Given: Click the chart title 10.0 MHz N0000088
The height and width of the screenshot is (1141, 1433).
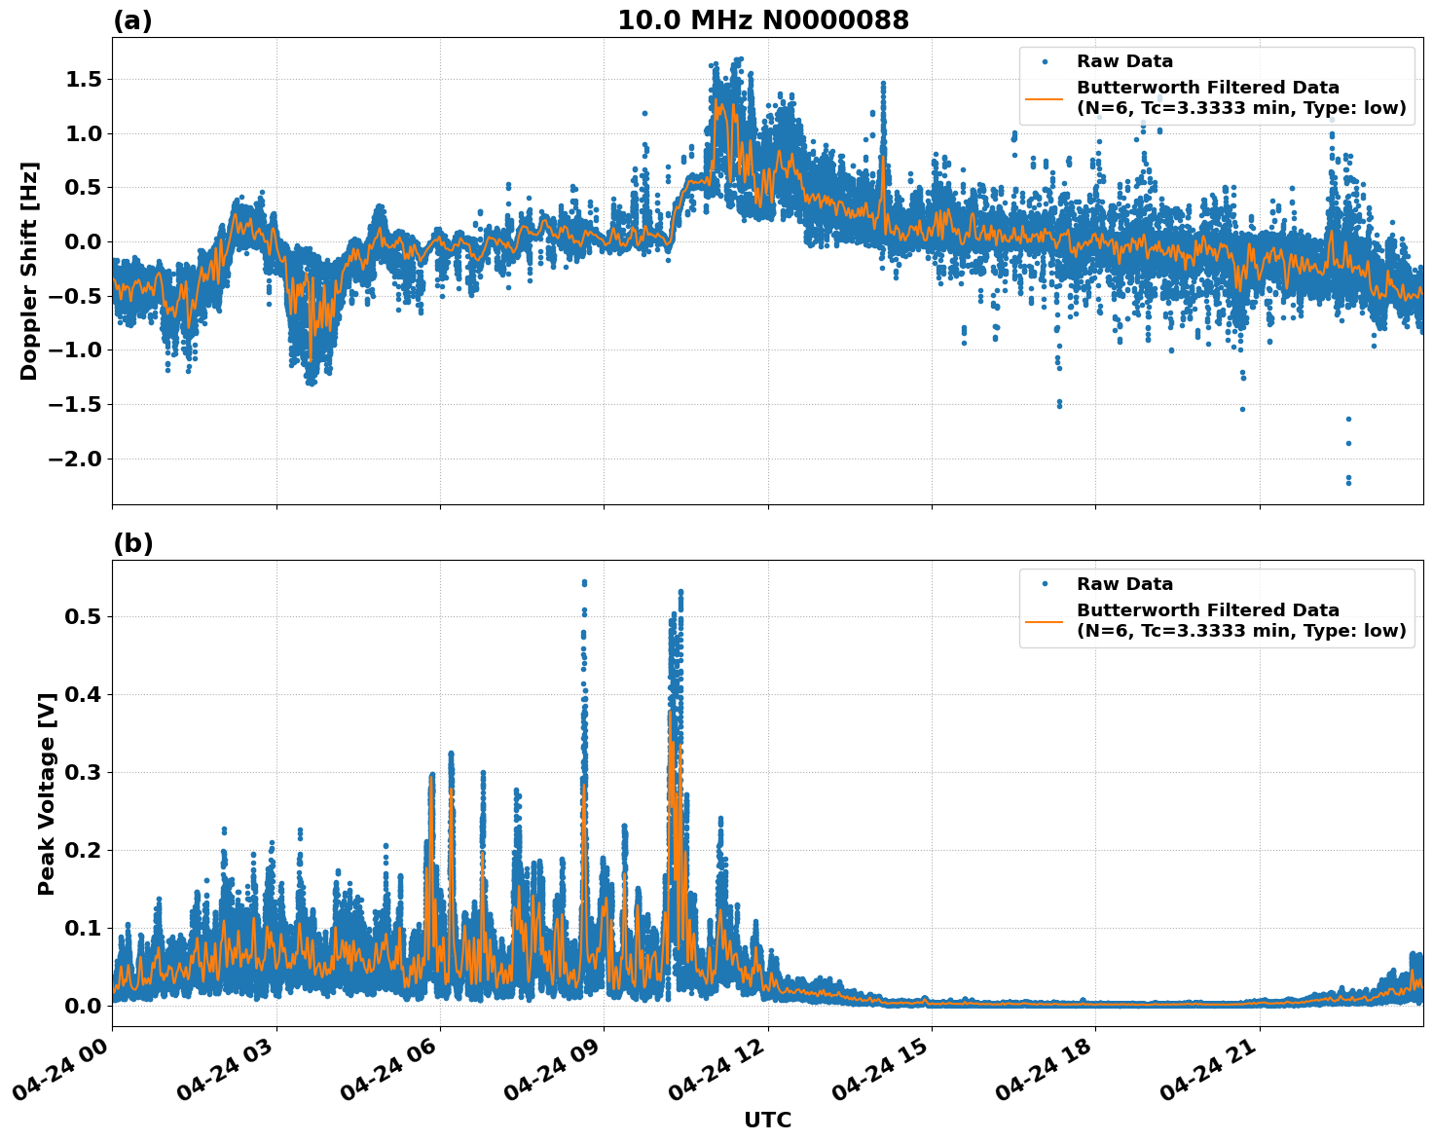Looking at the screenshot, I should pyautogui.click(x=762, y=20).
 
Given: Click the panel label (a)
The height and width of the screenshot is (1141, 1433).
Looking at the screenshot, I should pyautogui.click(x=132, y=20).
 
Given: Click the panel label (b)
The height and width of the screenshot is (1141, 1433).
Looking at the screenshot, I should pyautogui.click(x=132, y=543).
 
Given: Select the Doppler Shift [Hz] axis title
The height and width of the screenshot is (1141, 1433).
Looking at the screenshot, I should pyautogui.click(x=29, y=271).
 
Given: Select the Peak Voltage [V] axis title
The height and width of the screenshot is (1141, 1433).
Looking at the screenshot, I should pyautogui.click(x=46, y=792).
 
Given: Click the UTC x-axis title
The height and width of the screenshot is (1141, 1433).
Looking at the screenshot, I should pyautogui.click(x=767, y=1120).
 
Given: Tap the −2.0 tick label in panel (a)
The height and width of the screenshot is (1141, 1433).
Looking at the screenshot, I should pyautogui.click(x=82, y=459).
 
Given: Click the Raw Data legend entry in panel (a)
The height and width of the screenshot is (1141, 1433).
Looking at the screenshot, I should pyautogui.click(x=1124, y=61).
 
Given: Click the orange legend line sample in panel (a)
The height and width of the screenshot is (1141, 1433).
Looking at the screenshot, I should pyautogui.click(x=1044, y=97).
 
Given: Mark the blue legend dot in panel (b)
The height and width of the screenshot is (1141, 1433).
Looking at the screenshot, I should pyautogui.click(x=1044, y=584).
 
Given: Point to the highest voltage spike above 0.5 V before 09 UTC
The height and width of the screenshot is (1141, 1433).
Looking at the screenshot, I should pyautogui.click(x=584, y=582).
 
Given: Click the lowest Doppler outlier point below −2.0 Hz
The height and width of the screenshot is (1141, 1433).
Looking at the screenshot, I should pyautogui.click(x=1348, y=482).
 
